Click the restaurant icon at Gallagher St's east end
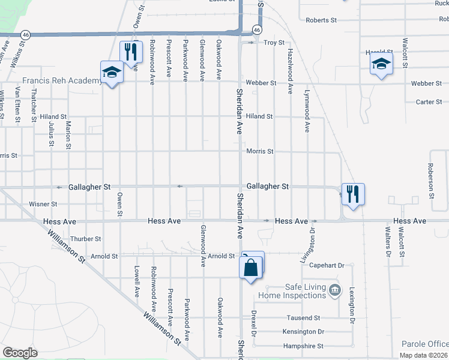pos(353,194)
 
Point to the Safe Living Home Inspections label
pos(292,291)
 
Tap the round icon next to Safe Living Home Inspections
pos(336,291)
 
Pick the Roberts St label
pos(321,20)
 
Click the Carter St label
pos(429,102)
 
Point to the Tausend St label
pos(304,317)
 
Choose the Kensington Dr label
pos(303,331)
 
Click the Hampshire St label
pos(303,346)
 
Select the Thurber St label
pos(86,238)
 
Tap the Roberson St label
pos(431,181)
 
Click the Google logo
pos(20,353)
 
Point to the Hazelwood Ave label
pos(290,71)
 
